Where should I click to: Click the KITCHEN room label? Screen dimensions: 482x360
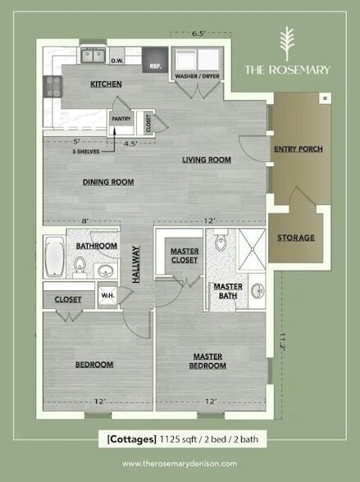(x=107, y=84)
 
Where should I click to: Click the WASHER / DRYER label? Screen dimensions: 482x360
(x=197, y=77)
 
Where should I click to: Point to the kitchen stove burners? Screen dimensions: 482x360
(x=53, y=83)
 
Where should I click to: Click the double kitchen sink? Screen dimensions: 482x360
(x=92, y=56)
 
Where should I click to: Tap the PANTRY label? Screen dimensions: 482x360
(x=121, y=117)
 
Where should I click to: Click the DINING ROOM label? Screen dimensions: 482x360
(x=108, y=182)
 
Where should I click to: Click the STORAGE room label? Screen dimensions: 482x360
(x=295, y=238)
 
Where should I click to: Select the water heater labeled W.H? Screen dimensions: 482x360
(x=107, y=295)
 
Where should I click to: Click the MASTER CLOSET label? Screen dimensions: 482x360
(x=185, y=256)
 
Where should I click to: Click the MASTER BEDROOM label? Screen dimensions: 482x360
(x=209, y=361)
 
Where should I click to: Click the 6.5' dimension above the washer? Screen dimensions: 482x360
(x=197, y=34)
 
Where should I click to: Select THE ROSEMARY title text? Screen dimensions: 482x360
(x=288, y=70)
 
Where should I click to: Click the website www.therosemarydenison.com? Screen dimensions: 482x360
(x=180, y=464)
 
